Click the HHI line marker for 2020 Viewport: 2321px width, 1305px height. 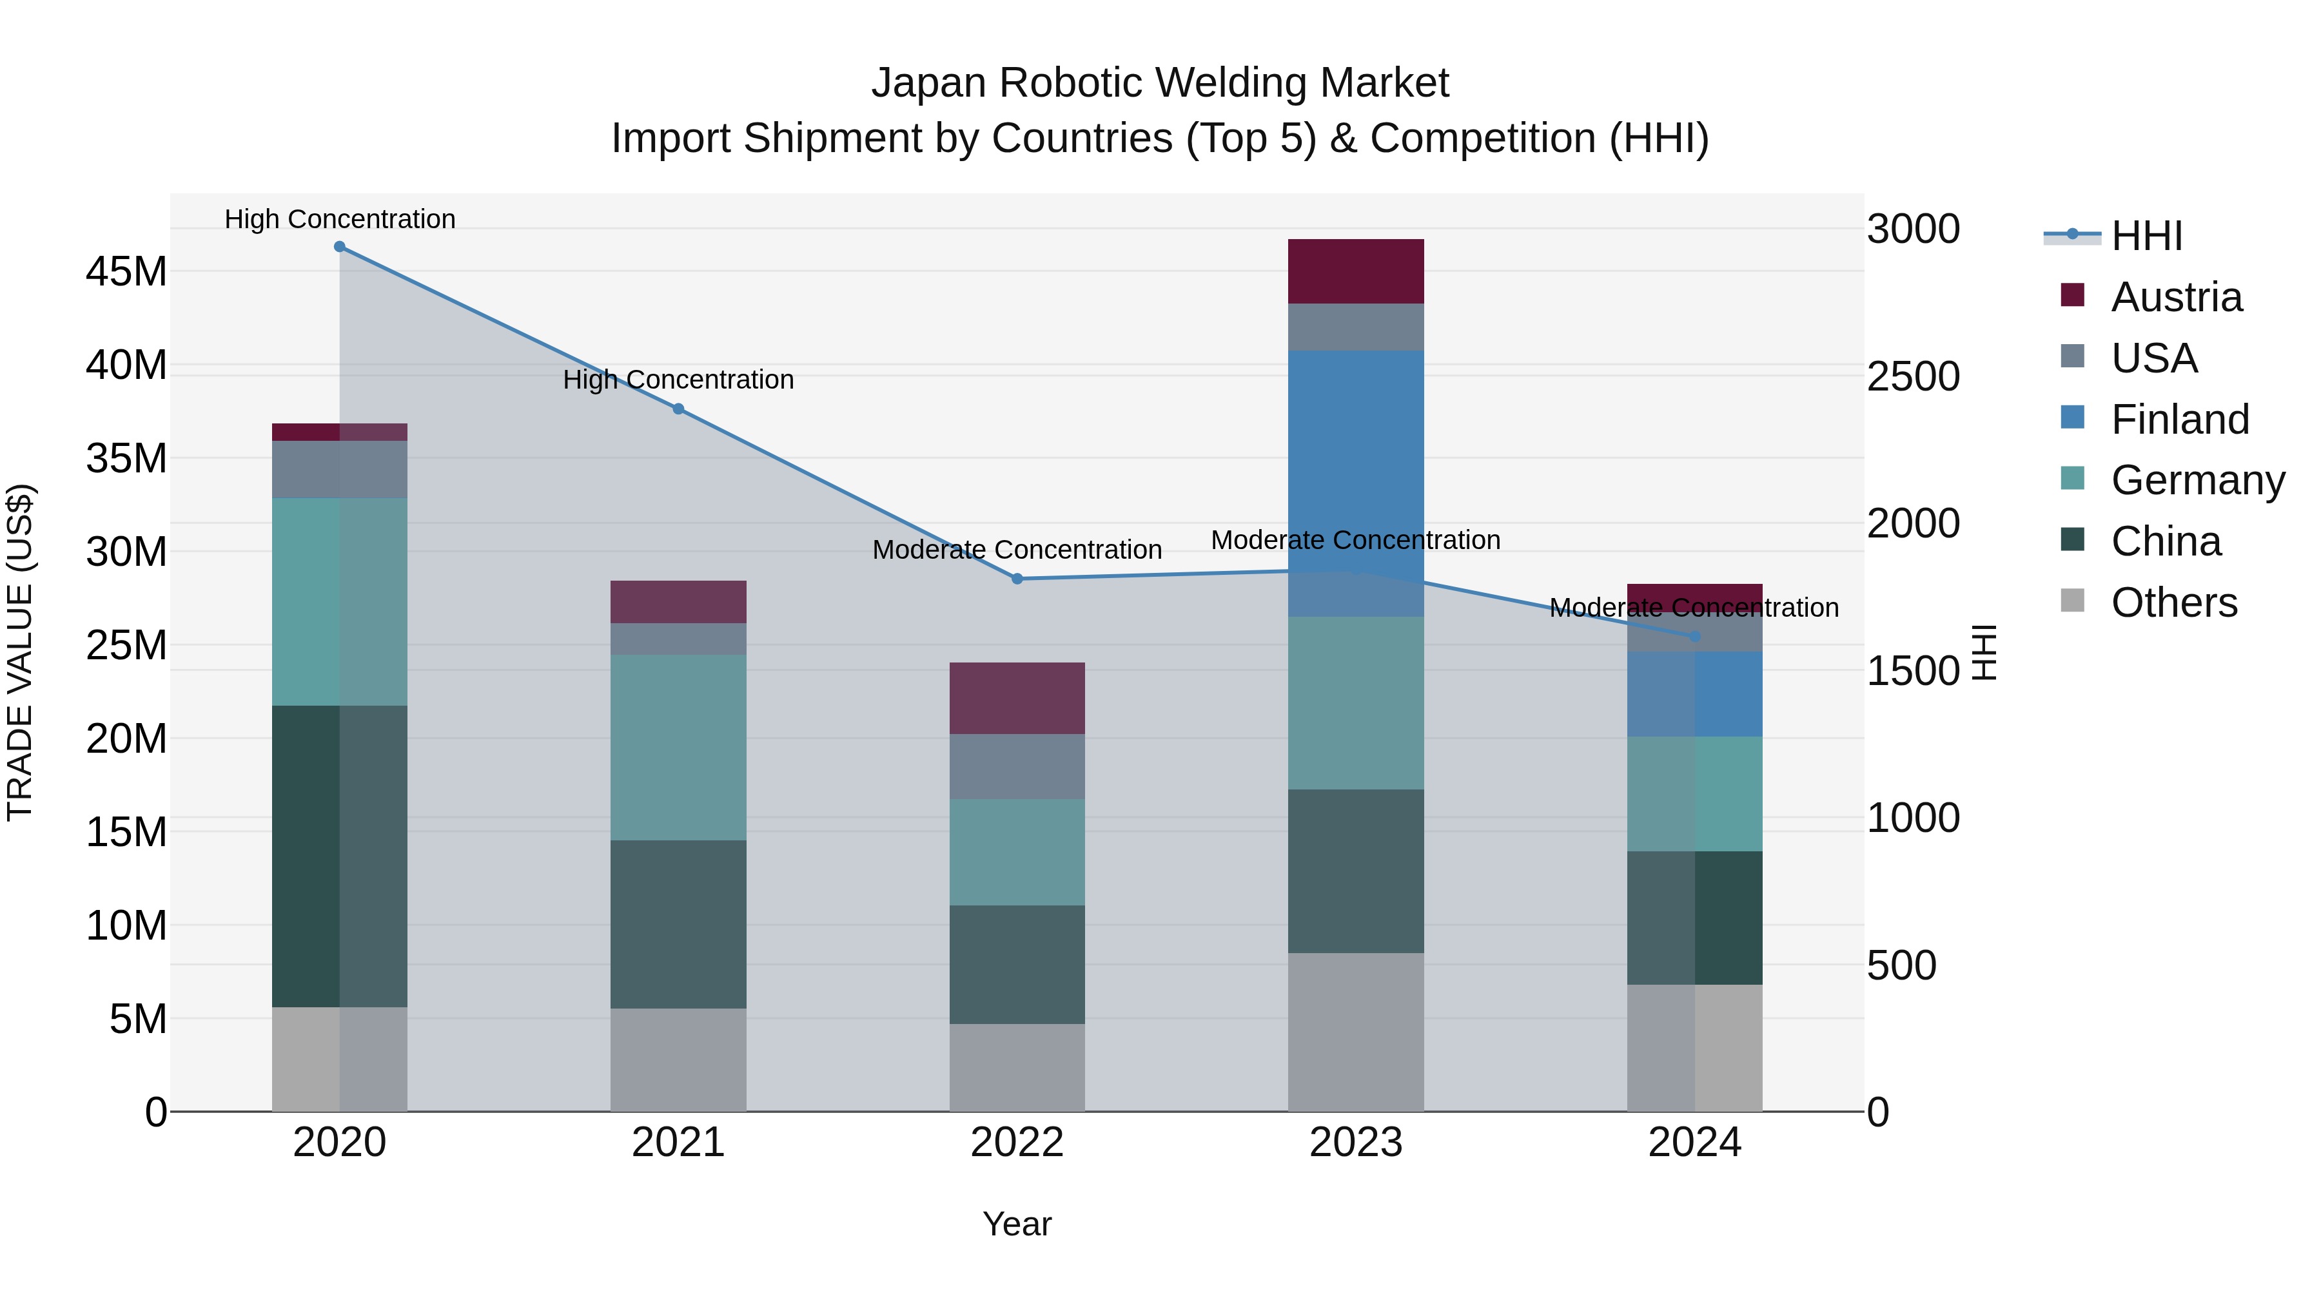pos(340,247)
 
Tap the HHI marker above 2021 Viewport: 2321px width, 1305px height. pos(678,409)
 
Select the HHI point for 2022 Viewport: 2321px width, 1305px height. pos(1017,579)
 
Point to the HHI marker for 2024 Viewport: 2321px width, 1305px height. pos(1695,637)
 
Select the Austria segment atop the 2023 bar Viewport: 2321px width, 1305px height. pos(1356,271)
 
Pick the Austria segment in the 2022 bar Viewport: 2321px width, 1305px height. pos(1017,698)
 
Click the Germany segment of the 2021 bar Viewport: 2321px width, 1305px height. pos(678,748)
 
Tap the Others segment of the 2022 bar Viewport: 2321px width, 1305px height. pos(1017,1067)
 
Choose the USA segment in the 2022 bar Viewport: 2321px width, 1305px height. pos(1017,766)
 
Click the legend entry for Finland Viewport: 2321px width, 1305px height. pos(2180,420)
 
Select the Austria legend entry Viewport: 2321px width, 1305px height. pos(2176,297)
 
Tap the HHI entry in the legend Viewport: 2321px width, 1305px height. pos(2146,236)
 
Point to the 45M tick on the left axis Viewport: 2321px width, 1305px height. pos(126,272)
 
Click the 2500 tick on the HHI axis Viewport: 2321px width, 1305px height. pos(1913,376)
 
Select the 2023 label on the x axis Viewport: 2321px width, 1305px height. pos(1356,1143)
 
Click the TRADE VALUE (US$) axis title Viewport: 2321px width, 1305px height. pos(20,652)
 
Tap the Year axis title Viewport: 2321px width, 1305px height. pos(1017,1224)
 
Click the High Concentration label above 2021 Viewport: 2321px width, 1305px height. pos(678,380)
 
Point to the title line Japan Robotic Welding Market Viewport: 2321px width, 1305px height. pos(1160,83)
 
